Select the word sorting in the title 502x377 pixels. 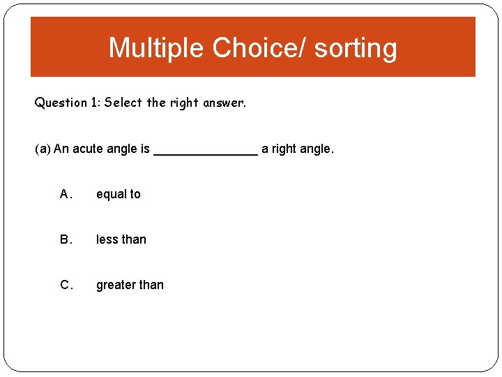356,48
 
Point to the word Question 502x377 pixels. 61,103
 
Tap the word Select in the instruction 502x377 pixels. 124,103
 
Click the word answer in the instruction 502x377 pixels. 224,103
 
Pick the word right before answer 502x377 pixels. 183,103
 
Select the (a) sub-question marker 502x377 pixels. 43,149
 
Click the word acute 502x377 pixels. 89,149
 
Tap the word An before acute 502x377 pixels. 61,149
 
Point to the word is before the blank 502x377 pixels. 145,149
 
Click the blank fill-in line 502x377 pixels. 206,154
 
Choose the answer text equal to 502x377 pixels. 119,195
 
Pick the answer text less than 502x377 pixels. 121,240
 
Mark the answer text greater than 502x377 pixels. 130,286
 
